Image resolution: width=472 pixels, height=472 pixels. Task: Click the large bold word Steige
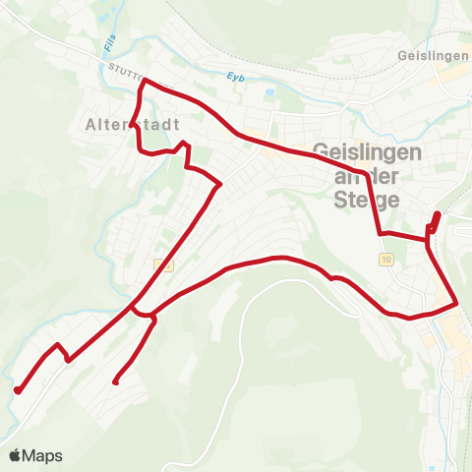coord(367,199)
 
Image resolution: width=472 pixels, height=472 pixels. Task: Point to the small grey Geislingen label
coord(434,56)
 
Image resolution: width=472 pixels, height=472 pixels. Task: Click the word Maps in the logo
coord(43,455)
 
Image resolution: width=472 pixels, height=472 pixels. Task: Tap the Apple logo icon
coord(15,455)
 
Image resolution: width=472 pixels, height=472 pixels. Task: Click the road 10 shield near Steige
coord(383,258)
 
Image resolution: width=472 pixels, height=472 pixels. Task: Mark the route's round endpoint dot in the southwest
coord(18,390)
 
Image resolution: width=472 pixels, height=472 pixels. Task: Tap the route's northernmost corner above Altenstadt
coord(146,83)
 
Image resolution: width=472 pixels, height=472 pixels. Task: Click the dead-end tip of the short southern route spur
coord(116,382)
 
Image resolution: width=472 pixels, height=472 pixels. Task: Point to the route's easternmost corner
coord(457,305)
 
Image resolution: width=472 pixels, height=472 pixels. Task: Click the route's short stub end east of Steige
coord(438,214)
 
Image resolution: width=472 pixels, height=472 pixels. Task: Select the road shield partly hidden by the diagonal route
coord(162,265)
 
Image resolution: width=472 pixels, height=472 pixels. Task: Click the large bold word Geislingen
coord(367,153)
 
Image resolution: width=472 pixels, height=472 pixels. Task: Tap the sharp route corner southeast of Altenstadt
coord(220,184)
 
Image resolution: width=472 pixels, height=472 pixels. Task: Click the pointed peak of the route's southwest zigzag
coord(58,345)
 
